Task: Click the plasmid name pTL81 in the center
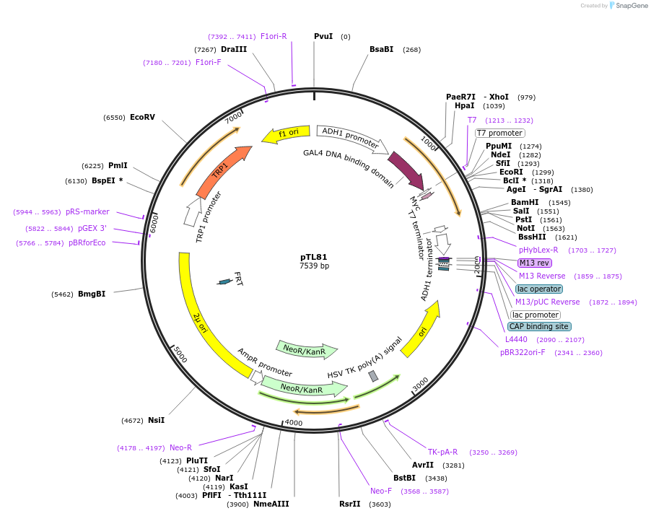(x=314, y=256)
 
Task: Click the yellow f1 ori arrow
(x=286, y=134)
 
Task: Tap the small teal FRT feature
(x=225, y=281)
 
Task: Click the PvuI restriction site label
(x=323, y=36)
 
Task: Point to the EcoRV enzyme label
(x=142, y=117)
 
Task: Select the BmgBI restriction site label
(x=92, y=294)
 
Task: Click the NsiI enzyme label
(x=156, y=420)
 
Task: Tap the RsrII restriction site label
(x=349, y=504)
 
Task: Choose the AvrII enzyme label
(x=423, y=465)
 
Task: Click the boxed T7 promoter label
(x=499, y=133)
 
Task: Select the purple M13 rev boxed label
(x=534, y=263)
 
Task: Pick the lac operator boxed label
(x=538, y=289)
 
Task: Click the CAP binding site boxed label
(x=539, y=326)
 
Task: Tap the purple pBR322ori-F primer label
(x=523, y=353)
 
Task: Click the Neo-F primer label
(x=381, y=491)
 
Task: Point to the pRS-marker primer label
(x=87, y=212)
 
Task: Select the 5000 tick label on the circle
(x=180, y=357)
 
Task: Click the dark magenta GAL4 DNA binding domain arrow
(x=406, y=170)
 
